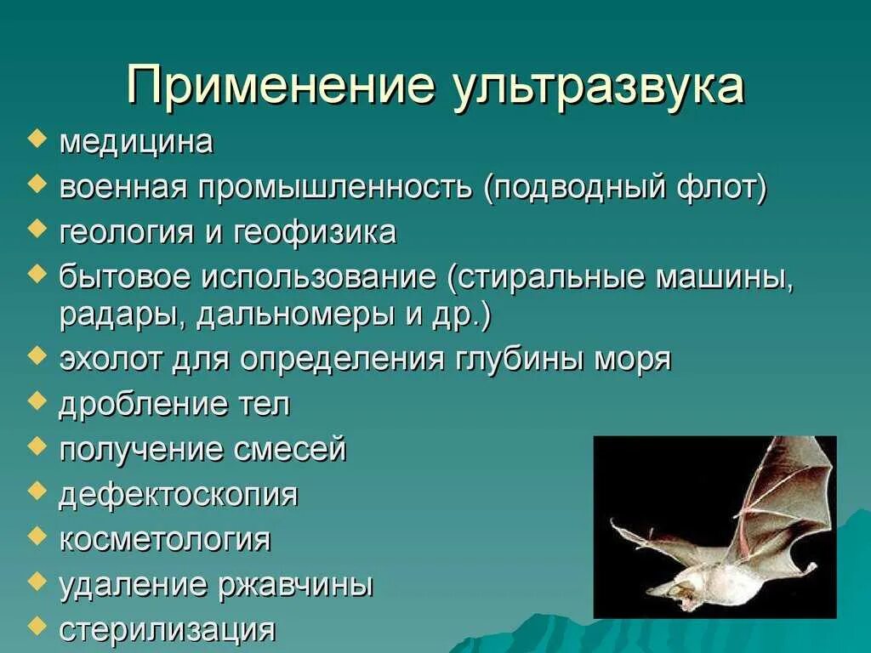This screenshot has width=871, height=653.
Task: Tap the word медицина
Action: tap(136, 142)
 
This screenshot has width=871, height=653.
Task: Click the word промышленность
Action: tap(335, 187)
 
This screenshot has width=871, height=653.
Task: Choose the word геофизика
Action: tap(315, 232)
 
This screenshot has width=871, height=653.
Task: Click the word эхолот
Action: tap(111, 360)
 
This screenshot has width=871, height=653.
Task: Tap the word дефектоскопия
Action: tap(179, 494)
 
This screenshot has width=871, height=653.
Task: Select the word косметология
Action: tap(164, 539)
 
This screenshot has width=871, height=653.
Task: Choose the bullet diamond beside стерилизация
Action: tap(36, 625)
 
